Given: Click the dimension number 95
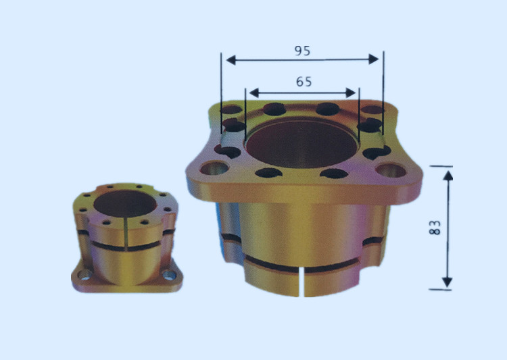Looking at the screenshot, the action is coord(302,51).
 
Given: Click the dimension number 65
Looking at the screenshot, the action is coord(304,82).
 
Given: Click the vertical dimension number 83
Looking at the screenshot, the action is coord(435,227).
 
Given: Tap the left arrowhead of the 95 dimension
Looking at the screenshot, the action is coord(231,60).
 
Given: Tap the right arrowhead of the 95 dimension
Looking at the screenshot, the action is coord(374,59).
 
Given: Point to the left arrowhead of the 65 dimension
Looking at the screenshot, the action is coord(254,93).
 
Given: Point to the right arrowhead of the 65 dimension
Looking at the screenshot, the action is coord(351,93).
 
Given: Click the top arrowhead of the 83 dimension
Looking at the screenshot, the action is coord(448,176).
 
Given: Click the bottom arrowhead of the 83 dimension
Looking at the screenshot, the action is coord(448,282).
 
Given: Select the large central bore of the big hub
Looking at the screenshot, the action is coord(301,144).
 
